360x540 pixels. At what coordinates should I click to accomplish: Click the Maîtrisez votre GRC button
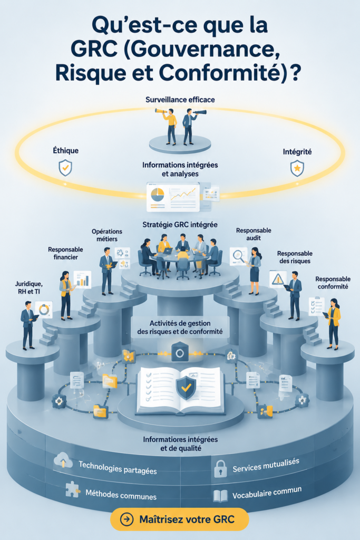[179, 519]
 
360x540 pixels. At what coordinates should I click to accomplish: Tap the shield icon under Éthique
[65, 168]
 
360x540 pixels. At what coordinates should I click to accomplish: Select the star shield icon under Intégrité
[297, 168]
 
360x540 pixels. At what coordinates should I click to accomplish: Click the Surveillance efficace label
[180, 100]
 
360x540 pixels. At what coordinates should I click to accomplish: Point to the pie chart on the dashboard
[157, 195]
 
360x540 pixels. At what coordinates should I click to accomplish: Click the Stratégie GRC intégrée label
[180, 225]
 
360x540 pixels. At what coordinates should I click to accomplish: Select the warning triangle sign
[277, 279]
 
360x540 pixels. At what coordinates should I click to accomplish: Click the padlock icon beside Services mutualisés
[220, 469]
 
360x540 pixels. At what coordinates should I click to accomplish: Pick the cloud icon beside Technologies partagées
[63, 460]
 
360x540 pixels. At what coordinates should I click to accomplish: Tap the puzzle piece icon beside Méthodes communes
[73, 489]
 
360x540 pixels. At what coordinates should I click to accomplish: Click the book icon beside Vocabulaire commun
[220, 496]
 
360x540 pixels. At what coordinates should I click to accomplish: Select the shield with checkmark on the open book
[186, 388]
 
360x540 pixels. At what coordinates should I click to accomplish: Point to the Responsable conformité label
[333, 283]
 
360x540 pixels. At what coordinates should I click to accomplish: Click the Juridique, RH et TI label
[29, 287]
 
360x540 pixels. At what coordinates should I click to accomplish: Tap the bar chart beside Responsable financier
[82, 279]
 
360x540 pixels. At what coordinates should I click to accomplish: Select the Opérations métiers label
[107, 235]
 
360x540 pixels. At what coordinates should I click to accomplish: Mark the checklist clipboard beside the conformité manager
[317, 306]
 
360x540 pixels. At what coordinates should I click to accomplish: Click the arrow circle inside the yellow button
[127, 519]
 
